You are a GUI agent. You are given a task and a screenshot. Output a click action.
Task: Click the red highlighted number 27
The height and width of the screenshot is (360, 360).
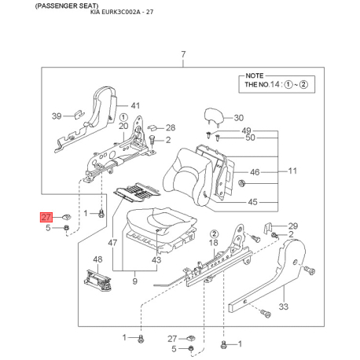coord(46,217)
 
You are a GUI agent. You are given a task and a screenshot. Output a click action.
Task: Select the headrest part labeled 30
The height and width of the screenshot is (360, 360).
coord(214,116)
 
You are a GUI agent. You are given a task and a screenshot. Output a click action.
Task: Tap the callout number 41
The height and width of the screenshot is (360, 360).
coord(135,105)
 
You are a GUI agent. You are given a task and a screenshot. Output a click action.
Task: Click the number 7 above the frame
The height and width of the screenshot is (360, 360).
coord(183,54)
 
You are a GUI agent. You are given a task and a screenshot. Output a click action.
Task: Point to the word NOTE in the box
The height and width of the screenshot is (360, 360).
coord(254,75)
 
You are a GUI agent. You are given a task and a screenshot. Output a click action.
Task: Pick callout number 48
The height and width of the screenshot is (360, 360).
coord(97,259)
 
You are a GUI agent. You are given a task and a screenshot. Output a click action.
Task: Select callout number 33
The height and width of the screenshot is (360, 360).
coord(283,307)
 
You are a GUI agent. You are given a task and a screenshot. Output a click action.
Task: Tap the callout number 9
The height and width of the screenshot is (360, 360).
coord(134,281)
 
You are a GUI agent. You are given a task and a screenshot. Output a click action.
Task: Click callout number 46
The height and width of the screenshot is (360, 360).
coord(255,172)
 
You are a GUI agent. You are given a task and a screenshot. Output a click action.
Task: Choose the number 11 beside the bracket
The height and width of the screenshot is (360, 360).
coord(292,171)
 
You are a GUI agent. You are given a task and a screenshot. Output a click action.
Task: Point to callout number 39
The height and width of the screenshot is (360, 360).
coord(57,116)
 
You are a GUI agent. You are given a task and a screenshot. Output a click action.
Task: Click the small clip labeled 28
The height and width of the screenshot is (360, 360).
coord(152,127)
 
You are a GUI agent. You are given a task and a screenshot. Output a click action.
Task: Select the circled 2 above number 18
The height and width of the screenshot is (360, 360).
coord(214,233)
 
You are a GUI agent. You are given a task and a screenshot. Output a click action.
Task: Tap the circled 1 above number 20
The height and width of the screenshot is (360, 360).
coord(123,117)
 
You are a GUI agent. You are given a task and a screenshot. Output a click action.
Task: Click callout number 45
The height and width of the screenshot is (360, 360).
coord(252,202)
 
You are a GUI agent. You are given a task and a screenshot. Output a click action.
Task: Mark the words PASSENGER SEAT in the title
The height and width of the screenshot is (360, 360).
coord(67,6)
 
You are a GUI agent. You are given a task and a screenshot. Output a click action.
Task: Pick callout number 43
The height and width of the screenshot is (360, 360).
coord(156,260)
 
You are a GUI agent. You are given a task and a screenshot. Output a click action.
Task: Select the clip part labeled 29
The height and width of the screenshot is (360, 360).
coord(267,227)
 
